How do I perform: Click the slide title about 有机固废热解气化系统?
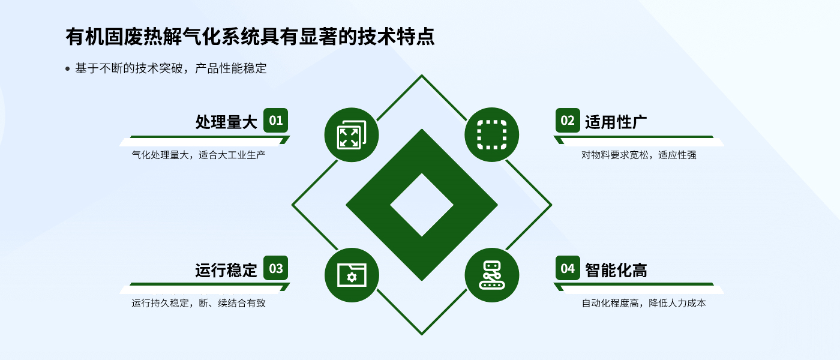click(250, 37)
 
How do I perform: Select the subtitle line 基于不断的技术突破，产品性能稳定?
click(170, 68)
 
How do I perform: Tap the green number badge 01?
click(275, 120)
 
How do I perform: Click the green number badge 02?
click(568, 120)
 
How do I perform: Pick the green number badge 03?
click(275, 268)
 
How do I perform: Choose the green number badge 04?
click(568, 268)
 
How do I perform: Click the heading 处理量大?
click(226, 122)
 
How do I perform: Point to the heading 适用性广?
click(616, 122)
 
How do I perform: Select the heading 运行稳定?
click(226, 270)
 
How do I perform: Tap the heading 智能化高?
click(616, 270)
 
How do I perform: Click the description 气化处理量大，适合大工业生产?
click(199, 155)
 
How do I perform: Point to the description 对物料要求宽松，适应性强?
click(639, 155)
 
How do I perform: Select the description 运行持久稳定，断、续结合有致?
click(199, 303)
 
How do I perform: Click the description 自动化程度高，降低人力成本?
click(644, 303)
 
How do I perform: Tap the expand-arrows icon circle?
click(352, 135)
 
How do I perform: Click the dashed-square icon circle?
click(492, 135)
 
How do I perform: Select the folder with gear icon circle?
click(352, 275)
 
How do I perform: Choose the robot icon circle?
click(492, 275)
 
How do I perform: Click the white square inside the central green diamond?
click(422, 205)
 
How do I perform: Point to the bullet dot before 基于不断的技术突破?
click(67, 69)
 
